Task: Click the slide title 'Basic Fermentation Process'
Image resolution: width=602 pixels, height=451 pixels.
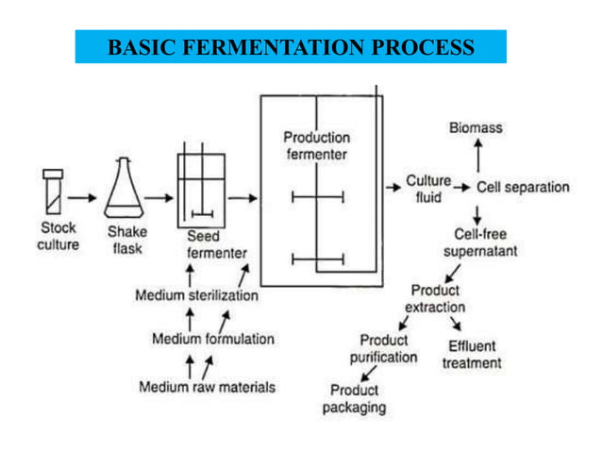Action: (x=291, y=46)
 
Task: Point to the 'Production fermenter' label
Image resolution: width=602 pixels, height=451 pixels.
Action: (x=316, y=145)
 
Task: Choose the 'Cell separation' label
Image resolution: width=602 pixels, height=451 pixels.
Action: (x=523, y=187)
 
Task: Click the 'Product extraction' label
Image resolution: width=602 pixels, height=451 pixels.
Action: (x=435, y=298)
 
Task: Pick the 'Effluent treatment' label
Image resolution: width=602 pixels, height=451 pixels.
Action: (x=472, y=354)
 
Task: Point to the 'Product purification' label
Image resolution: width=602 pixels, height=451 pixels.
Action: (x=384, y=348)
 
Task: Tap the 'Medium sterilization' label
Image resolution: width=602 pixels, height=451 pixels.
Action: (x=196, y=295)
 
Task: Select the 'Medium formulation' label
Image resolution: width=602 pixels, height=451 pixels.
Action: (x=213, y=339)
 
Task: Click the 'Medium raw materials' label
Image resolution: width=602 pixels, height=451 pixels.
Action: (x=208, y=386)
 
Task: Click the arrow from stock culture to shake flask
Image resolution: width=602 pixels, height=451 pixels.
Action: (x=84, y=198)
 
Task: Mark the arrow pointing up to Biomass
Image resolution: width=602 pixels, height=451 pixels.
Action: (x=477, y=154)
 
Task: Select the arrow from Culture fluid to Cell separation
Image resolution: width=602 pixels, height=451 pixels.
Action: (x=461, y=188)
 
